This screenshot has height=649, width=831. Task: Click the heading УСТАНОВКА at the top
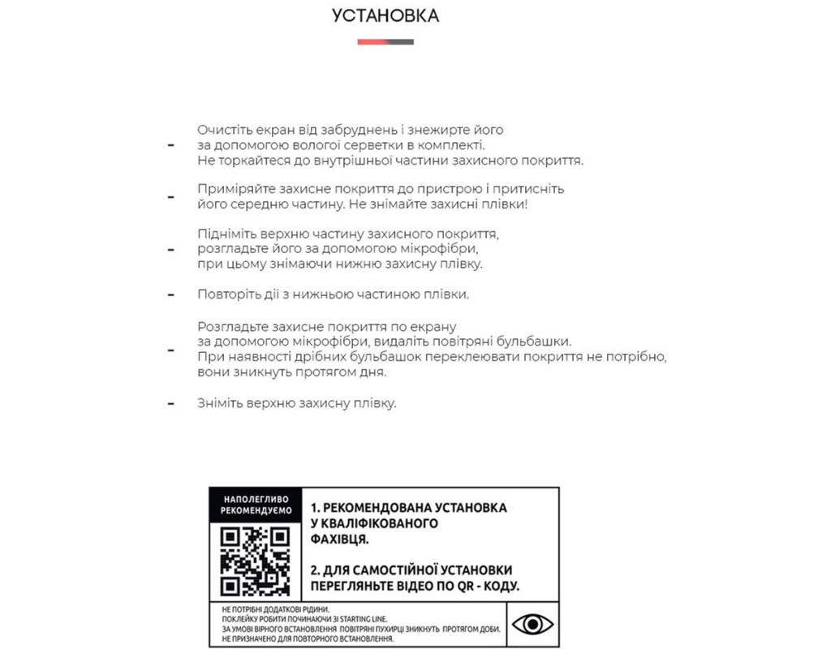pyautogui.click(x=385, y=15)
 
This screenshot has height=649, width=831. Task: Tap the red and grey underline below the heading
pyautogui.click(x=385, y=41)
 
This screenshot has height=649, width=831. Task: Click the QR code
pyautogui.click(x=256, y=560)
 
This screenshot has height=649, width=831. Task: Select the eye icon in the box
pyautogui.click(x=533, y=624)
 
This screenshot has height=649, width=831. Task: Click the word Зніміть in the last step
pyautogui.click(x=221, y=403)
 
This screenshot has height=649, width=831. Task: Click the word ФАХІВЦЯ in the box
pyautogui.click(x=340, y=539)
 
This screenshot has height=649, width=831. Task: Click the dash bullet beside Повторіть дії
pyautogui.click(x=170, y=294)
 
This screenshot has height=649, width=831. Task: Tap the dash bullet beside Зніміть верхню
pyautogui.click(x=170, y=403)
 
